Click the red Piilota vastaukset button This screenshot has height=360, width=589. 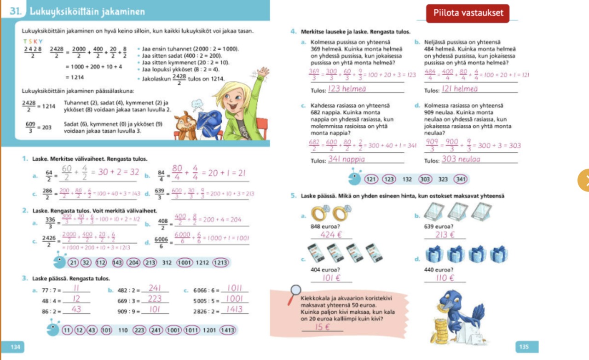[x=468, y=13]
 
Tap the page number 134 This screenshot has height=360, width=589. [x=16, y=347]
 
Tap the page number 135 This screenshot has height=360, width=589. [x=524, y=347]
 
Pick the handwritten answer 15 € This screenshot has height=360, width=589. [x=323, y=327]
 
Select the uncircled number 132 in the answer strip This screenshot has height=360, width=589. [x=407, y=179]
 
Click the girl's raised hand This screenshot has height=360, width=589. [x=263, y=73]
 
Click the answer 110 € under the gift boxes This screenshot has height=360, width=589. [x=445, y=278]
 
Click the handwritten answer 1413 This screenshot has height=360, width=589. [x=234, y=310]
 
